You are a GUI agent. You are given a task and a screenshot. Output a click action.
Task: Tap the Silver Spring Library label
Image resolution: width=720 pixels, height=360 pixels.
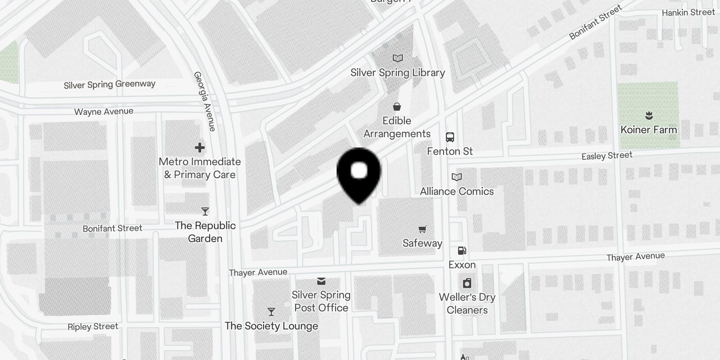pos(397,73)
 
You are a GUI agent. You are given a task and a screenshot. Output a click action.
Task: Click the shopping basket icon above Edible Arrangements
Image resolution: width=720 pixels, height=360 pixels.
pos(397,107)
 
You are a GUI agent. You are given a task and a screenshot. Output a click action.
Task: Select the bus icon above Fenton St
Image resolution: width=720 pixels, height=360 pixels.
pos(450,137)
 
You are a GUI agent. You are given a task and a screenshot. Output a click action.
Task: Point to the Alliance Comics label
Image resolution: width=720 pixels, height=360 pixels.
pos(457,191)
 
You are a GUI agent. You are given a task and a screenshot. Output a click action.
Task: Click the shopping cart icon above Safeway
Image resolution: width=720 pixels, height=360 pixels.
pos(422,229)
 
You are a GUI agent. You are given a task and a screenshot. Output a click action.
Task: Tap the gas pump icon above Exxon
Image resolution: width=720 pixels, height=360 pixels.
pos(462,251)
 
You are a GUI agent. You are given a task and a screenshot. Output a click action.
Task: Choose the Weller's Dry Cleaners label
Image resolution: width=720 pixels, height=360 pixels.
pos(467,304)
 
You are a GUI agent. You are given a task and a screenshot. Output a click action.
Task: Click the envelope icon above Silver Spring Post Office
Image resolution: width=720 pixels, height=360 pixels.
pos(321,281)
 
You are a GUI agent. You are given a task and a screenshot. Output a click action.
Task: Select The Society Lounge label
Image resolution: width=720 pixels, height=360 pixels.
pos(271,326)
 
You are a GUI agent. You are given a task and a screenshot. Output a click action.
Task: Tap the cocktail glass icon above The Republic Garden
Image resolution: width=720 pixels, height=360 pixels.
pos(205,211)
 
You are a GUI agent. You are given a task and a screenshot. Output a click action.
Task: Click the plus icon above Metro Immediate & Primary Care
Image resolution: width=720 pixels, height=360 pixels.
pos(200,148)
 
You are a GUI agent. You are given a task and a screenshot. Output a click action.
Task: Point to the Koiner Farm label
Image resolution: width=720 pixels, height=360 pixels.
pos(648,130)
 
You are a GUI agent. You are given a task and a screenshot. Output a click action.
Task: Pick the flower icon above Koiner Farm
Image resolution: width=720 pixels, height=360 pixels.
pos(648,116)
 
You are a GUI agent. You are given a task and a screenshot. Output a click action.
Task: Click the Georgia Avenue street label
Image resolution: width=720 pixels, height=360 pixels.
pos(205,101)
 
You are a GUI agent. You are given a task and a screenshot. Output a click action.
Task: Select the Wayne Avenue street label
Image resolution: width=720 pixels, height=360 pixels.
pos(103,112)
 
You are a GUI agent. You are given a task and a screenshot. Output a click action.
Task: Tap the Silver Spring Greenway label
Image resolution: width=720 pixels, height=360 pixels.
pos(109,85)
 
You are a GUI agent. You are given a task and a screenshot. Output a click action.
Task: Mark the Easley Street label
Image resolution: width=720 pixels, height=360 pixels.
pos(607,156)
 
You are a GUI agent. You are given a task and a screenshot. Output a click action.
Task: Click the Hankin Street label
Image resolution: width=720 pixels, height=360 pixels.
pos(688,13)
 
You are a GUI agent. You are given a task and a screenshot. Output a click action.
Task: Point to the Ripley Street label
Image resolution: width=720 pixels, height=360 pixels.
pos(93,327)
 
